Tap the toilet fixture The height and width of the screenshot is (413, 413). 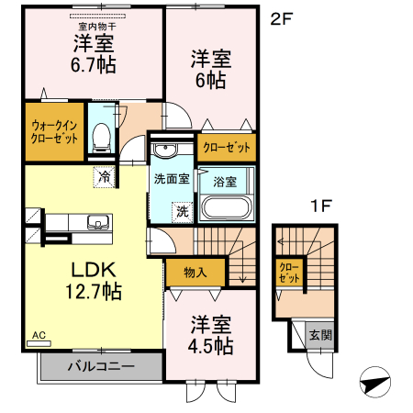[x=102, y=139]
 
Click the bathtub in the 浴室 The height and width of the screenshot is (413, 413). [x=226, y=206]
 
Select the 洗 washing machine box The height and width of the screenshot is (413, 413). [x=183, y=210]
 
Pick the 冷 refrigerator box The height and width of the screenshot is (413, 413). [x=104, y=174]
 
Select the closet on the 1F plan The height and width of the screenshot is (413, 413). [x=288, y=272]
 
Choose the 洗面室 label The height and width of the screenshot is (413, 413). [x=172, y=179]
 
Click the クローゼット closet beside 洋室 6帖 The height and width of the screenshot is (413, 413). [x=226, y=147]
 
